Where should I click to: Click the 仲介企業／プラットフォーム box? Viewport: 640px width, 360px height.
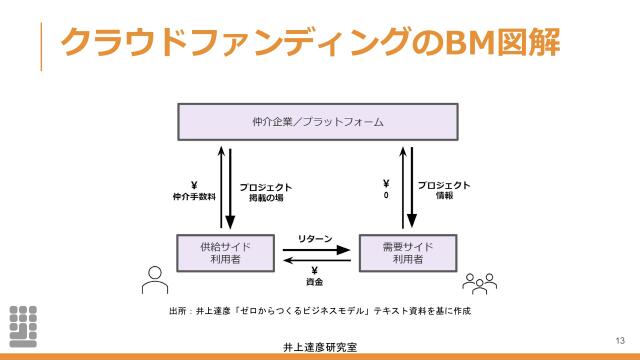click(x=318, y=122)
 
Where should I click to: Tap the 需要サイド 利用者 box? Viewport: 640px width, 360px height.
click(x=407, y=253)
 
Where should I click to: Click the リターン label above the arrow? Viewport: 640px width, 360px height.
click(x=314, y=237)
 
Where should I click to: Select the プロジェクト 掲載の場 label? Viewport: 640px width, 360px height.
click(x=266, y=191)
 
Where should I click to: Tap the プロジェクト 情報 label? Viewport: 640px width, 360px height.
click(x=444, y=190)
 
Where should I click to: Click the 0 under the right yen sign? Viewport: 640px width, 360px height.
click(x=385, y=197)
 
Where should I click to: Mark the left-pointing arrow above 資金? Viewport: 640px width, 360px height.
click(x=314, y=260)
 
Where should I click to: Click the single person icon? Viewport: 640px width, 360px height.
click(x=152, y=281)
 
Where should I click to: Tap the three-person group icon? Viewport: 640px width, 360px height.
click(x=480, y=283)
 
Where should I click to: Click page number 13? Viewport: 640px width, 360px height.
click(x=620, y=340)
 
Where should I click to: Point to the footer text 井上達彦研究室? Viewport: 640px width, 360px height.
click(x=319, y=347)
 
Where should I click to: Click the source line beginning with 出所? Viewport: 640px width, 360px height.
click(x=319, y=311)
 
